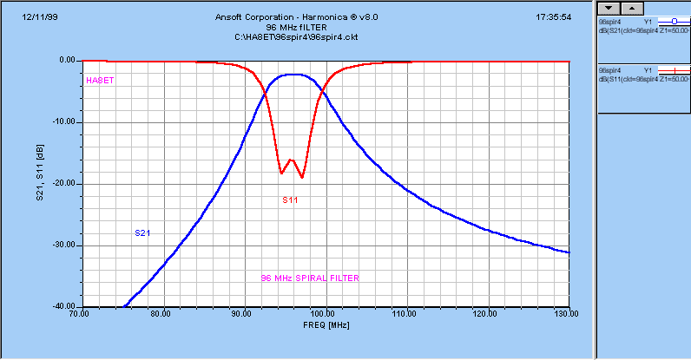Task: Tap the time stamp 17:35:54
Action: click(x=553, y=16)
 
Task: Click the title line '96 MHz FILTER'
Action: click(x=296, y=27)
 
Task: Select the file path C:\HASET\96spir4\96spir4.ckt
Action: click(x=296, y=36)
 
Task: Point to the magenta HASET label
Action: click(x=101, y=81)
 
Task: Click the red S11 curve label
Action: click(x=290, y=200)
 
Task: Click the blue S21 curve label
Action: click(x=142, y=232)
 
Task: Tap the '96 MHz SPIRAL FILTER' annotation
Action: click(x=310, y=278)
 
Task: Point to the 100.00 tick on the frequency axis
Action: click(x=325, y=313)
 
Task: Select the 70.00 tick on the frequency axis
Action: click(x=79, y=313)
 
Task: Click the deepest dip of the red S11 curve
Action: click(x=301, y=177)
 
